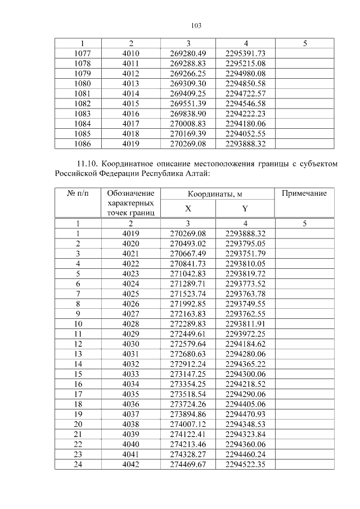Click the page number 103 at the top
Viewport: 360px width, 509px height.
point(196,25)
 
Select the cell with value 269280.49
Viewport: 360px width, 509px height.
point(188,53)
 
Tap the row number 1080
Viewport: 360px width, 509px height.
point(83,83)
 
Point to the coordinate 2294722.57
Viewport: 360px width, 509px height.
point(245,93)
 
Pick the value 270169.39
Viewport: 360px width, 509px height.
point(188,134)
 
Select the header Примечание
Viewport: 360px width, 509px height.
point(304,193)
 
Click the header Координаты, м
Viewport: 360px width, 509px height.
point(216,194)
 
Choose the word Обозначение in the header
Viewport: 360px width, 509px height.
point(130,193)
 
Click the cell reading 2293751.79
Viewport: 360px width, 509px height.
point(245,253)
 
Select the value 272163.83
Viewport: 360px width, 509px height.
point(188,314)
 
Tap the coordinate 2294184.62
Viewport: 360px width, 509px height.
point(245,344)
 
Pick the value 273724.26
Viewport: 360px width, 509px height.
point(188,404)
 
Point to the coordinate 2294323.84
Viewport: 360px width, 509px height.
point(245,434)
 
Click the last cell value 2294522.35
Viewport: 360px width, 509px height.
point(245,464)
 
